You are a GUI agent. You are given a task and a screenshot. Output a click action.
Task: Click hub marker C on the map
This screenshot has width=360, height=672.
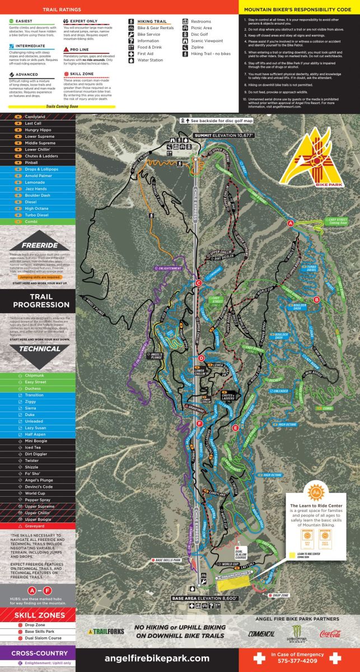click(198, 283)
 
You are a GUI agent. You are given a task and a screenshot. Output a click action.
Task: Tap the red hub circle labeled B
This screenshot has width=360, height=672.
click(317, 300)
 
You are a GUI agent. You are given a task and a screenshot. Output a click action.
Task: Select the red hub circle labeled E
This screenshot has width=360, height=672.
click(235, 428)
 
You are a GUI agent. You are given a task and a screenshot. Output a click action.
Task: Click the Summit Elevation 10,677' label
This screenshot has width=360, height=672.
click(224, 136)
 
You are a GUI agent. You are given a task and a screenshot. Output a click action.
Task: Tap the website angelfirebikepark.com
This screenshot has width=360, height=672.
click(157, 659)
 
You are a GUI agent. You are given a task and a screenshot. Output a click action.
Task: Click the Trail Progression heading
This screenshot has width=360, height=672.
click(37, 300)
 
